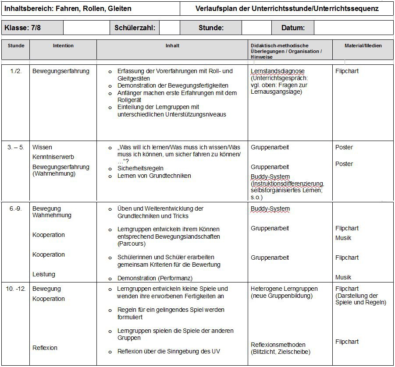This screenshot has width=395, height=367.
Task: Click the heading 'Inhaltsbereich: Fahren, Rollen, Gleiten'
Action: pyautogui.click(x=68, y=8)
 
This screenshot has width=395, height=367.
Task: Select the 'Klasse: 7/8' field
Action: pyautogui.click(x=22, y=28)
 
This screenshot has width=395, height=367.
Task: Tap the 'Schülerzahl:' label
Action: pyautogui.click(x=135, y=28)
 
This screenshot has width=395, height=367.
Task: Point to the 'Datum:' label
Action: pyautogui.click(x=293, y=28)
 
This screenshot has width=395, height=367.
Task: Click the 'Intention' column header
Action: pyautogui.click(x=63, y=46)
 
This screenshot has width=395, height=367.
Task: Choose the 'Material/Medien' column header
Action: pyautogui.click(x=363, y=46)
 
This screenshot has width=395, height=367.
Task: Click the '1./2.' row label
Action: pyautogui.click(x=16, y=71)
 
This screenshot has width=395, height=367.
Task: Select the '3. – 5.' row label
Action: pyautogui.click(x=16, y=147)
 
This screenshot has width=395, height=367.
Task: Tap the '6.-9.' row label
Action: pyautogui.click(x=15, y=208)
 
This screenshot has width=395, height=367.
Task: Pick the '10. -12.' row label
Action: pyautogui.click(x=15, y=289)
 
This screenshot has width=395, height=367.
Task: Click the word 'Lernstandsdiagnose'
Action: pyautogui.click(x=278, y=71)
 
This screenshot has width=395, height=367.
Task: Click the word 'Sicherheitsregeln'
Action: pyautogui.click(x=140, y=168)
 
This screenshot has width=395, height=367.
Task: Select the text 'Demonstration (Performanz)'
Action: pyautogui.click(x=155, y=278)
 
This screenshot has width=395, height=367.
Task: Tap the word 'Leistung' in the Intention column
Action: pyautogui.click(x=44, y=274)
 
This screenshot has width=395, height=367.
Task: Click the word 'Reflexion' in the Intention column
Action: pyautogui.click(x=45, y=348)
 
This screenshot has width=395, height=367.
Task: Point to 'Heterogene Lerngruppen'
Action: pyautogui.click(x=284, y=289)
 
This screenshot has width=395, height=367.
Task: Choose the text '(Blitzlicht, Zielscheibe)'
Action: pyautogui.click(x=280, y=352)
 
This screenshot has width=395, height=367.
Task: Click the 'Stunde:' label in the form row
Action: pyautogui.click(x=211, y=28)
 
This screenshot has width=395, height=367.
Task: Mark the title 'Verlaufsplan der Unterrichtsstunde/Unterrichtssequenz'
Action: pyautogui.click(x=288, y=8)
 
